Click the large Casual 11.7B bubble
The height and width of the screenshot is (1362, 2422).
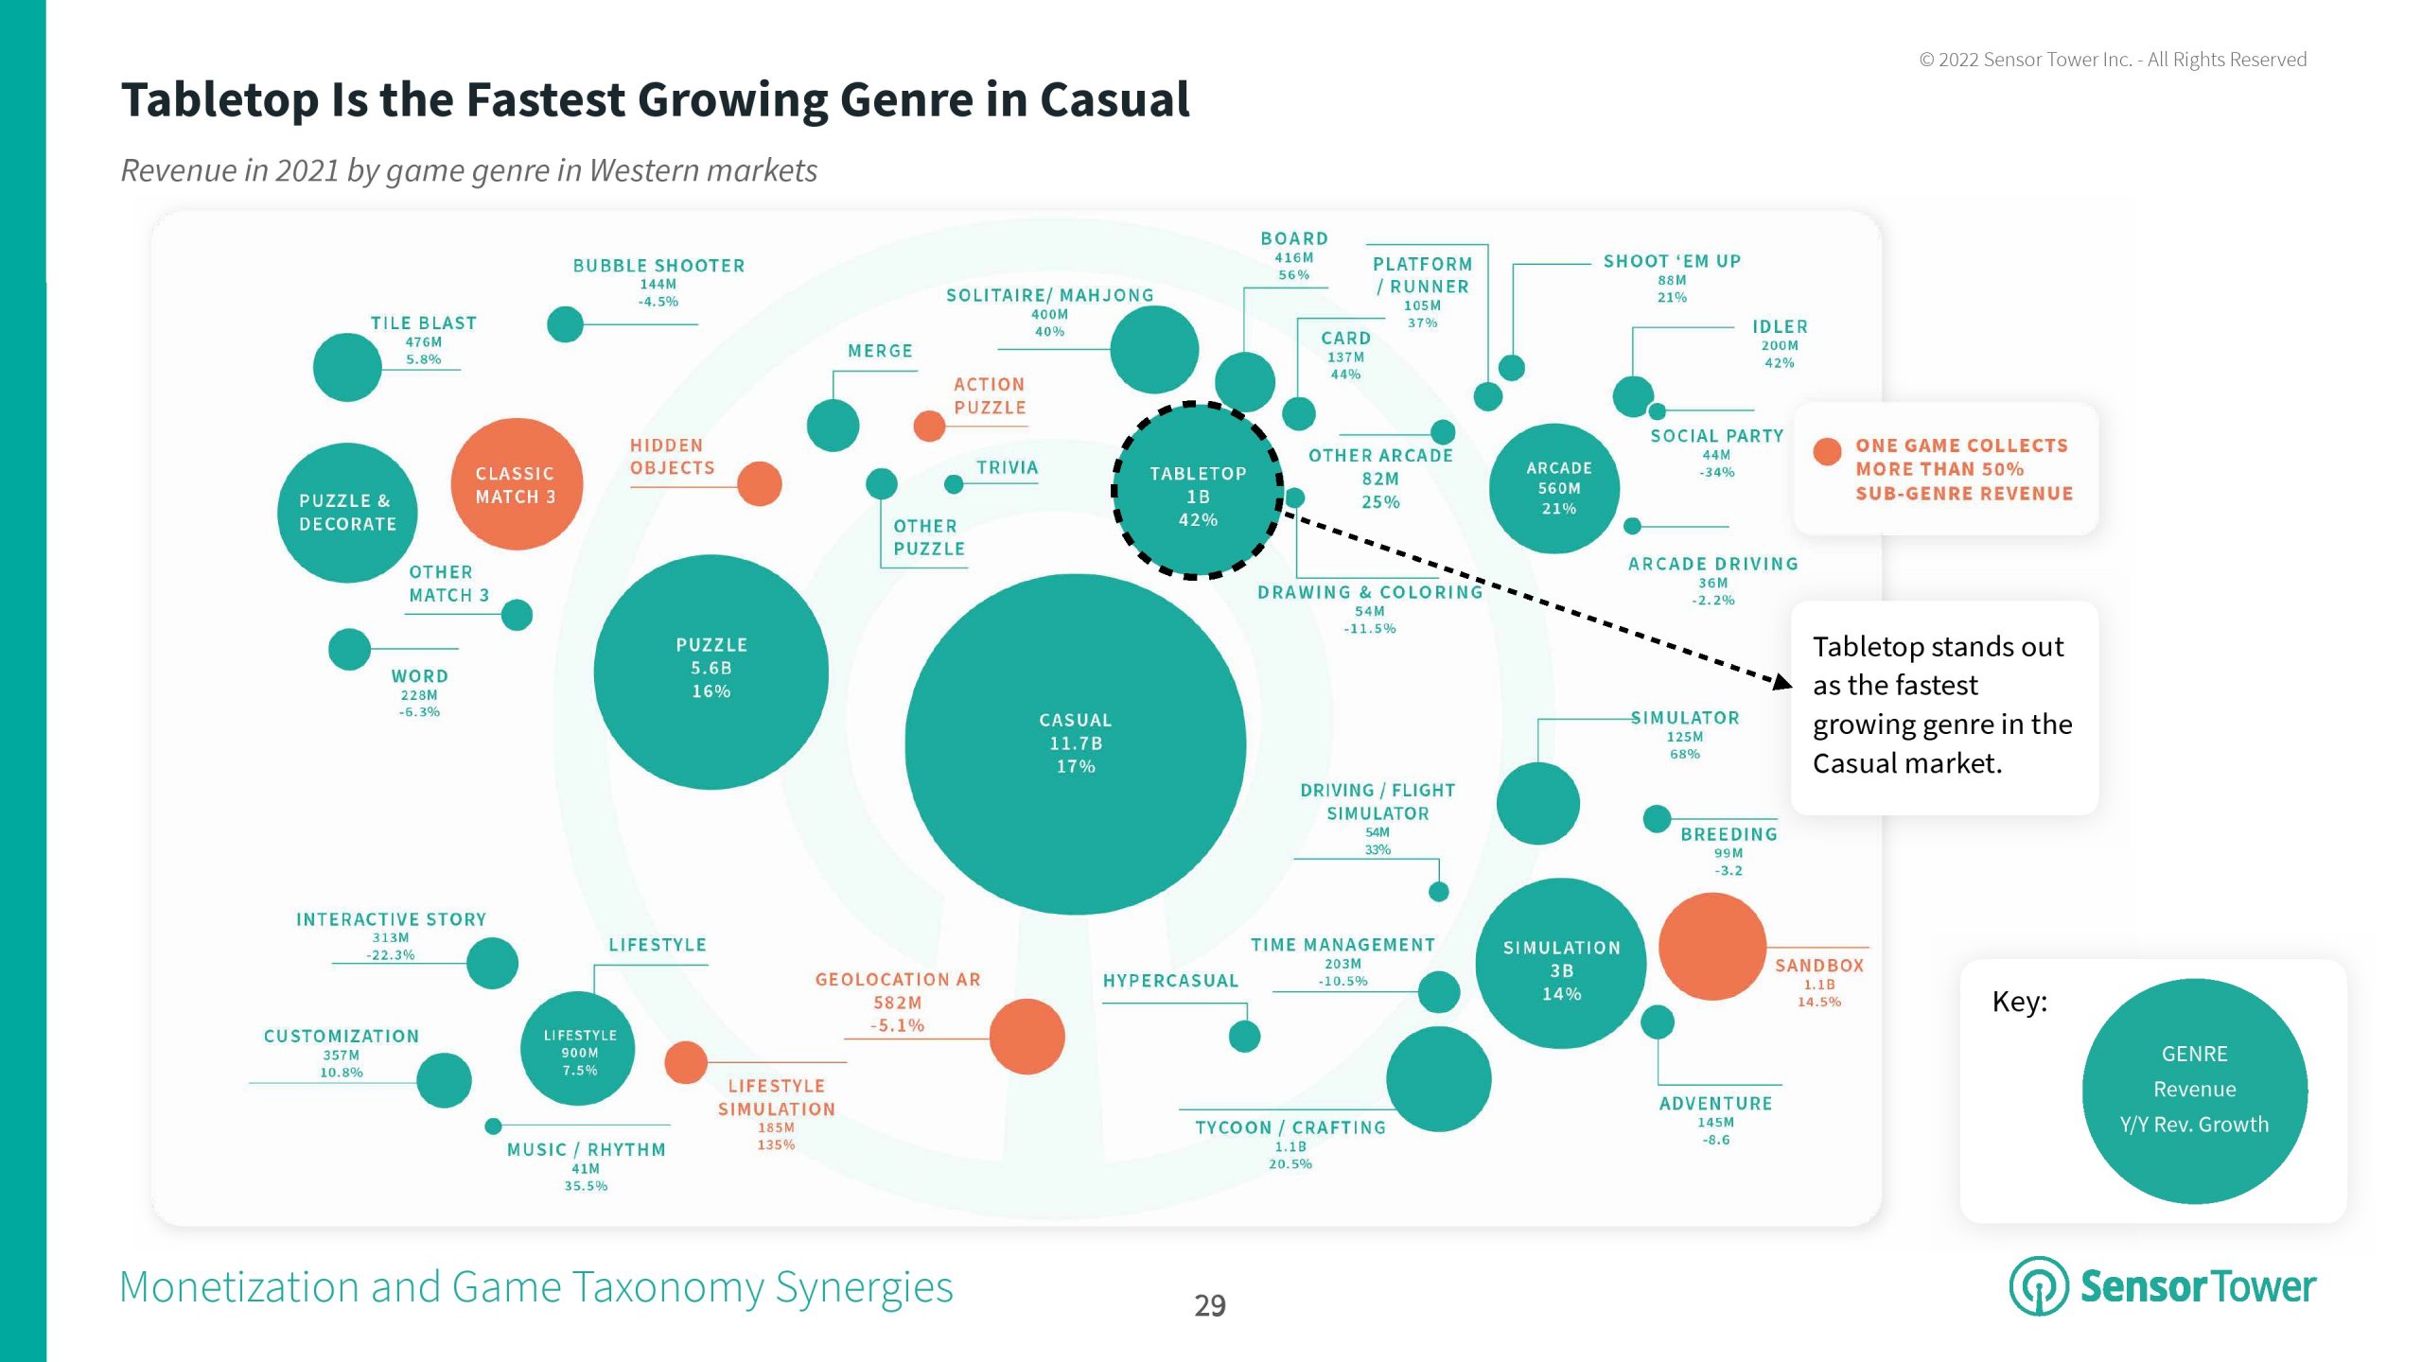pyautogui.click(x=1075, y=743)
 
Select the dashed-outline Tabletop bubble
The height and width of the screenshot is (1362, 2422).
pyautogui.click(x=1198, y=492)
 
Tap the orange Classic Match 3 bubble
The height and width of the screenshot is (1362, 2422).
pyautogui.click(x=516, y=484)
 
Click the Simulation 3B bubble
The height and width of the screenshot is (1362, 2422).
pyautogui.click(x=1561, y=965)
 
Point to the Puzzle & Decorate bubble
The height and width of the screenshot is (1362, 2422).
pyautogui.click(x=347, y=513)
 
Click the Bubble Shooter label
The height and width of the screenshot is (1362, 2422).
pyautogui.click(x=658, y=266)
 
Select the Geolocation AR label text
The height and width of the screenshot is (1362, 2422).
pyautogui.click(x=898, y=980)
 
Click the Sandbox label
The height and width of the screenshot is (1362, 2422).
pyautogui.click(x=1818, y=966)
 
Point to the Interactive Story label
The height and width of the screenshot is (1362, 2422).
pyautogui.click(x=391, y=919)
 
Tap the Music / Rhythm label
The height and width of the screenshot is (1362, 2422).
pyautogui.click(x=586, y=1150)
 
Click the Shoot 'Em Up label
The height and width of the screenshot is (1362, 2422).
pyautogui.click(x=1672, y=261)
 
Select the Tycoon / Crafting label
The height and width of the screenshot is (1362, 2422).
pyautogui.click(x=1290, y=1127)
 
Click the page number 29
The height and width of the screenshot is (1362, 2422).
pyautogui.click(x=1210, y=1305)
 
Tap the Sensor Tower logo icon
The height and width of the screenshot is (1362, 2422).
pyautogui.click(x=2038, y=1286)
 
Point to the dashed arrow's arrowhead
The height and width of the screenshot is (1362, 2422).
pyautogui.click(x=1782, y=682)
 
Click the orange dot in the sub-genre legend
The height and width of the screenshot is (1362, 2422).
pyautogui.click(x=1827, y=452)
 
